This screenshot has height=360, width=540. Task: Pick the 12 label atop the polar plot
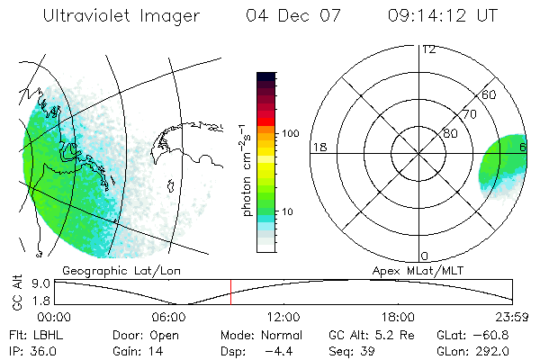tap(428, 49)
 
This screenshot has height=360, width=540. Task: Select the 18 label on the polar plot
tap(319, 147)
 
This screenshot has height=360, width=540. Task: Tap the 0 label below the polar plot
tap(424, 256)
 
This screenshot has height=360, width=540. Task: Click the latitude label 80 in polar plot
tap(450, 133)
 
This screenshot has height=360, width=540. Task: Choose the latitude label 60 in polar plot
tap(489, 95)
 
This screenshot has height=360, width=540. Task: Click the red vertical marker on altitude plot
tap(230, 292)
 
